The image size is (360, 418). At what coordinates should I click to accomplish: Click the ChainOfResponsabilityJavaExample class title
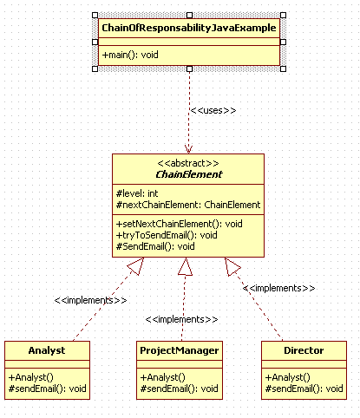click(189, 28)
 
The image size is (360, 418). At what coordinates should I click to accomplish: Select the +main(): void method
click(130, 55)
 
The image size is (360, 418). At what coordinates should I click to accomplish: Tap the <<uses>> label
click(213, 110)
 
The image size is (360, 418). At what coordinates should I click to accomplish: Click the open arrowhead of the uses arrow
click(188, 149)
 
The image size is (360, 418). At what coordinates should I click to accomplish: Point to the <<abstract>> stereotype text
click(188, 163)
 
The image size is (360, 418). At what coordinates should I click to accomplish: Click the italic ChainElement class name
click(189, 174)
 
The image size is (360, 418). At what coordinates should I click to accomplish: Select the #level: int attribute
click(137, 193)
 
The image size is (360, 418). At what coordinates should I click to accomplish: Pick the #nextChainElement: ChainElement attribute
click(188, 205)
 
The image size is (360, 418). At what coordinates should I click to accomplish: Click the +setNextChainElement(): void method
click(180, 224)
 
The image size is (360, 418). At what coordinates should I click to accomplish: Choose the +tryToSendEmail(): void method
click(167, 235)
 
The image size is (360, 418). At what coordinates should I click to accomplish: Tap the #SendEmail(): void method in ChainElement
click(155, 246)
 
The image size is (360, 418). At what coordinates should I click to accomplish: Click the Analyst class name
click(47, 350)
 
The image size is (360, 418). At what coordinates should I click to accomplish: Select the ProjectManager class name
click(180, 350)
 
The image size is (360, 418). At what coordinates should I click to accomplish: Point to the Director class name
click(304, 350)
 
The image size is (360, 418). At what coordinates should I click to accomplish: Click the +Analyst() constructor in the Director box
click(288, 377)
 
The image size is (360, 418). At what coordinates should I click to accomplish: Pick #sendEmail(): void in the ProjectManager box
click(180, 389)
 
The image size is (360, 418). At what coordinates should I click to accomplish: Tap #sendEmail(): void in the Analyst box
click(48, 389)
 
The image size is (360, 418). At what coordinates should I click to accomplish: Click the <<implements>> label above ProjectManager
click(181, 319)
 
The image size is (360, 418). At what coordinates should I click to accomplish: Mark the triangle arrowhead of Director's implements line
click(232, 266)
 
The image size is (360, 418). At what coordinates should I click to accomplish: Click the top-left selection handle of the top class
click(95, 15)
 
